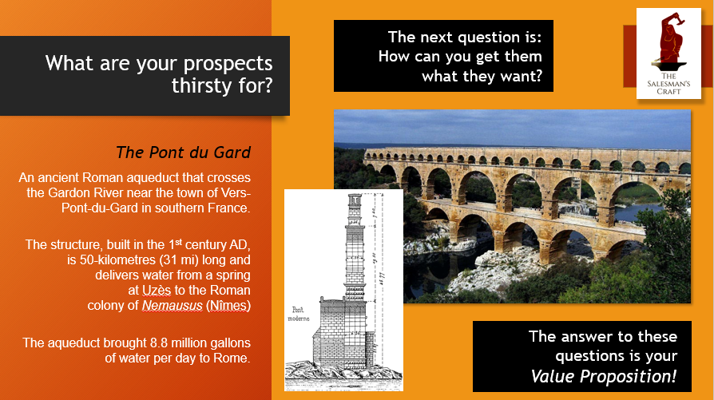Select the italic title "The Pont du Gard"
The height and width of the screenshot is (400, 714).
point(184,151)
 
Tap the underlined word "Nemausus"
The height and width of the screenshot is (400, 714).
point(172,305)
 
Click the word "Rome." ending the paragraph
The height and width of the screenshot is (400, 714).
point(232,358)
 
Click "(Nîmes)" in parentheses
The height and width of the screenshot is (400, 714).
point(228,305)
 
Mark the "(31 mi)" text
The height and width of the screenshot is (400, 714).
point(169,259)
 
